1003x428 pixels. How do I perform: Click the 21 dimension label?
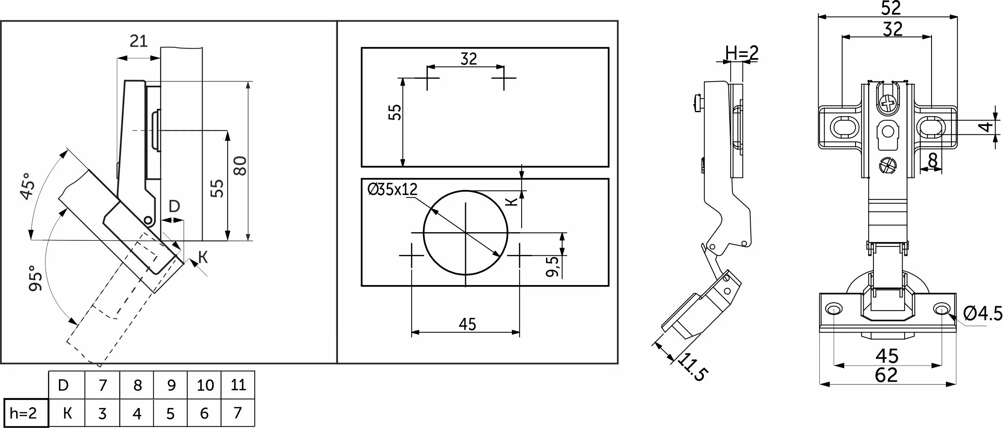[139, 41]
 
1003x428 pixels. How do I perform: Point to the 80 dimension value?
[240, 166]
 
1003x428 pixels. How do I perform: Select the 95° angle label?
[35, 279]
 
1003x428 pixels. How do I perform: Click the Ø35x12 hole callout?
[392, 189]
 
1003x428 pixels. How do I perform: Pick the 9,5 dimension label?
[552, 266]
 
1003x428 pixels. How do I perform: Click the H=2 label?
[742, 53]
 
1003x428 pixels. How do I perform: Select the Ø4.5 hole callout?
[983, 313]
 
